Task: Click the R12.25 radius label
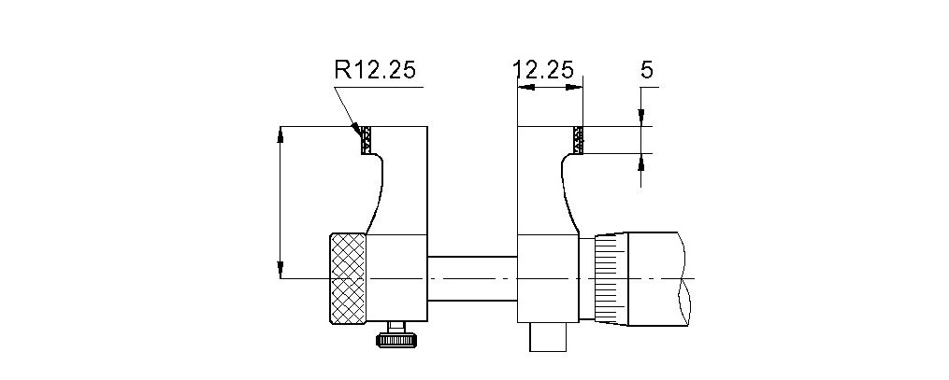click(374, 71)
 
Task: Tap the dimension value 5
click(646, 70)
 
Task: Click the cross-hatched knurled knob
click(347, 279)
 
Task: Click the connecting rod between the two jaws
click(472, 278)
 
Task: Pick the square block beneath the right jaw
click(549, 337)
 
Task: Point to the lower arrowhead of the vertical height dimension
click(280, 272)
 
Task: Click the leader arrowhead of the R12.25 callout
click(356, 126)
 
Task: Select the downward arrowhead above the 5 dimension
click(641, 119)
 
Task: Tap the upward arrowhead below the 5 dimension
click(641, 161)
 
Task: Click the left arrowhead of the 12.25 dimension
click(524, 88)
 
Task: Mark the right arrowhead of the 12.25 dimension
click(576, 88)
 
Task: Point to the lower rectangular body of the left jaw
click(397, 278)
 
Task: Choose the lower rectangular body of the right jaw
click(548, 278)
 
